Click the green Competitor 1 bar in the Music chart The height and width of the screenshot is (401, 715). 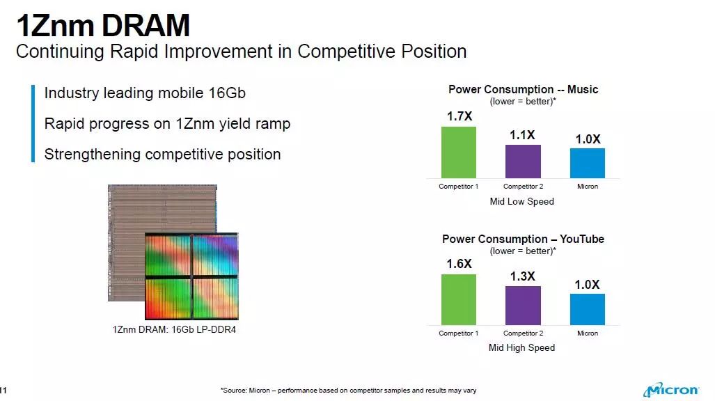tap(459, 152)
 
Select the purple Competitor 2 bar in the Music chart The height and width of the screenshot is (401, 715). tap(523, 162)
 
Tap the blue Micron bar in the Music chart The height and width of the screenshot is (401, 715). tap(588, 164)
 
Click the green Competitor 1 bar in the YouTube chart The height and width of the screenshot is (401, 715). tap(459, 300)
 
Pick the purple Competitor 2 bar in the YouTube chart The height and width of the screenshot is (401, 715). tap(523, 306)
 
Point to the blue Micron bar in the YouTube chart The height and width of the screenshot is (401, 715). tap(588, 310)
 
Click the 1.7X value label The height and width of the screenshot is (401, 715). tap(459, 116)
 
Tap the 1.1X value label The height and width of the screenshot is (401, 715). tap(522, 135)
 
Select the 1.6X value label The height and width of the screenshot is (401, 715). tap(459, 264)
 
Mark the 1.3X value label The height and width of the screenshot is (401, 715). tap(523, 276)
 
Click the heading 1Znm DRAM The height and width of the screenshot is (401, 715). tap(103, 25)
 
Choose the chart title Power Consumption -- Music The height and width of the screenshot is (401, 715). tap(523, 89)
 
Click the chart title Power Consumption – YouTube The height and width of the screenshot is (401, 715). tap(523, 239)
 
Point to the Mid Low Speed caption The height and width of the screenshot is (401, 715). tap(521, 202)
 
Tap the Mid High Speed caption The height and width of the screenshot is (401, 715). tap(521, 347)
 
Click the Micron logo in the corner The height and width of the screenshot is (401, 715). tap(670, 390)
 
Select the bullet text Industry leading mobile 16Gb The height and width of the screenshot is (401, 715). tap(145, 93)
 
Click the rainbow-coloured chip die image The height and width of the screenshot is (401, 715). tap(191, 276)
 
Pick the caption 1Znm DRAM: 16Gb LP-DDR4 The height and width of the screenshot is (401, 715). tap(174, 329)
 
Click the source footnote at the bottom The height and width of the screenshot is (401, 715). tap(348, 391)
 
